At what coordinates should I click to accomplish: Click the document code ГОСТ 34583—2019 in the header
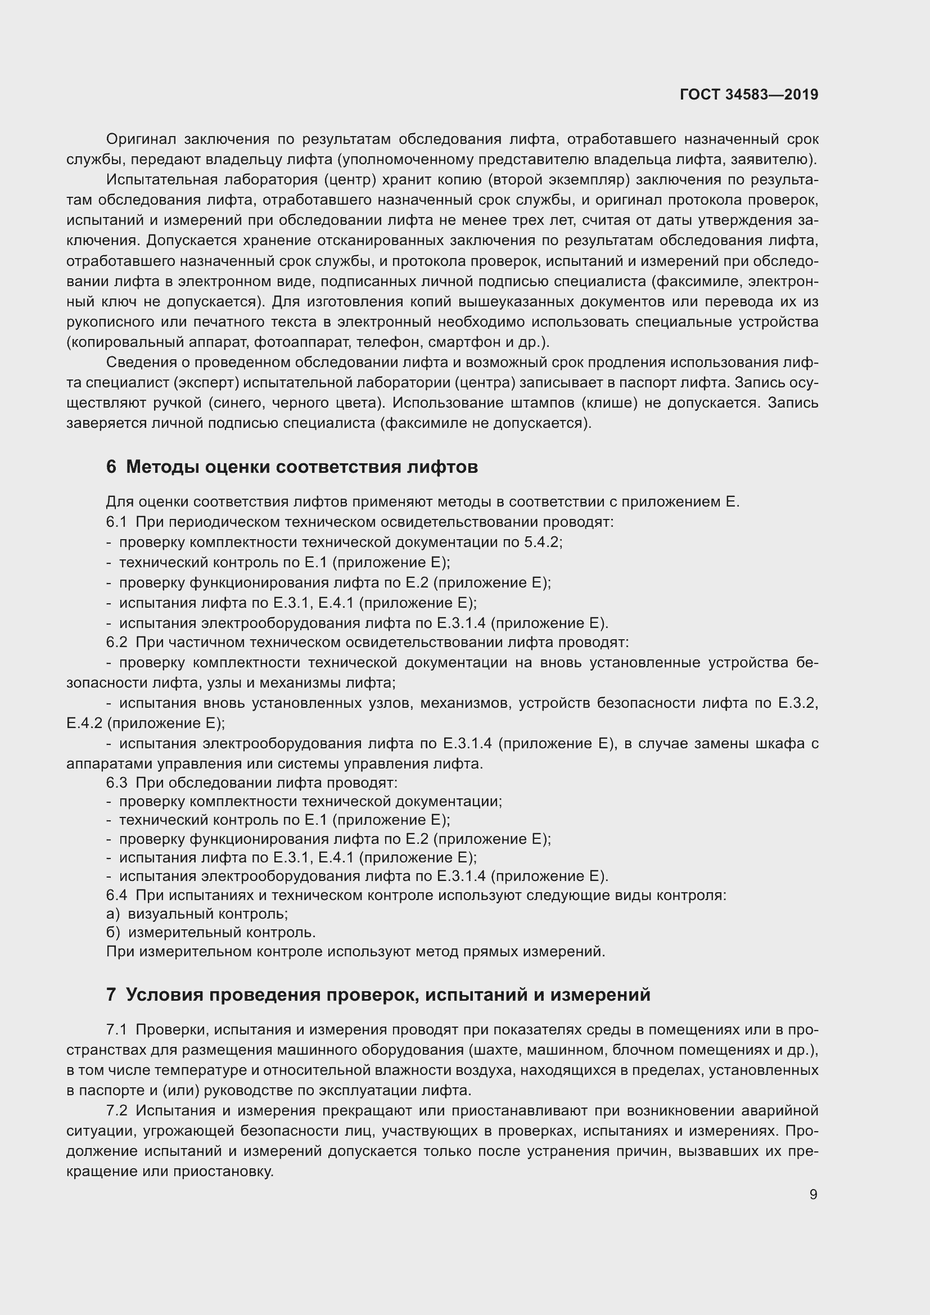(x=748, y=94)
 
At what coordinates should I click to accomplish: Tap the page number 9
(x=813, y=1194)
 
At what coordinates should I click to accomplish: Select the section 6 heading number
(x=111, y=467)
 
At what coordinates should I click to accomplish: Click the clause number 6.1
(x=116, y=522)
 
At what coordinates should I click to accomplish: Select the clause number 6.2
(x=116, y=643)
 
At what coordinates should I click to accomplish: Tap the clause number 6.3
(x=116, y=783)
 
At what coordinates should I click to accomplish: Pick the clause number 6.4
(x=116, y=894)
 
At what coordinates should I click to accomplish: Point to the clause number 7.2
(x=116, y=1110)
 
